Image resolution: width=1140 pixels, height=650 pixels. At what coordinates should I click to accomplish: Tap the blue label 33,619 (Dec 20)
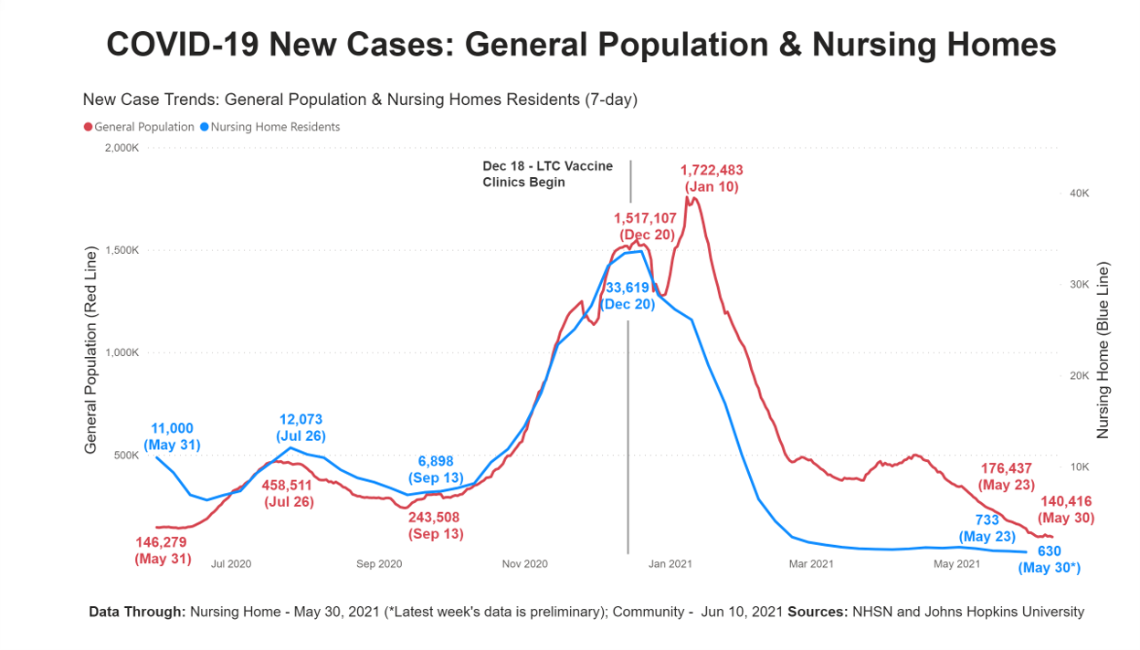630,296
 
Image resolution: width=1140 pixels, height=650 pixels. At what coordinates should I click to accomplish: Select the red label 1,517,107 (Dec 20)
645,225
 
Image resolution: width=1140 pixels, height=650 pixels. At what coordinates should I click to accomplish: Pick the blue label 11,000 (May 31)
172,437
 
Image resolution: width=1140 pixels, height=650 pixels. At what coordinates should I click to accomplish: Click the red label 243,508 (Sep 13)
434,525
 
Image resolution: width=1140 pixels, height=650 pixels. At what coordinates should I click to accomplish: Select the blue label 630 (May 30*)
1050,560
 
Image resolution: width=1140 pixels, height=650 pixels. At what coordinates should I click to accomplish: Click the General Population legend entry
139,127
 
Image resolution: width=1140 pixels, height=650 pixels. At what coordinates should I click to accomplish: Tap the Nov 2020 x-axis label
524,564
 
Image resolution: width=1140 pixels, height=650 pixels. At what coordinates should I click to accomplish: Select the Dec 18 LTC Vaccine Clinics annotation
547,173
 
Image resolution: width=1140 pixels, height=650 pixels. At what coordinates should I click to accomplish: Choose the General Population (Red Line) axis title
90,351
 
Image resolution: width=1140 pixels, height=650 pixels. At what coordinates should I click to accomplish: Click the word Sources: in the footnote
818,612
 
